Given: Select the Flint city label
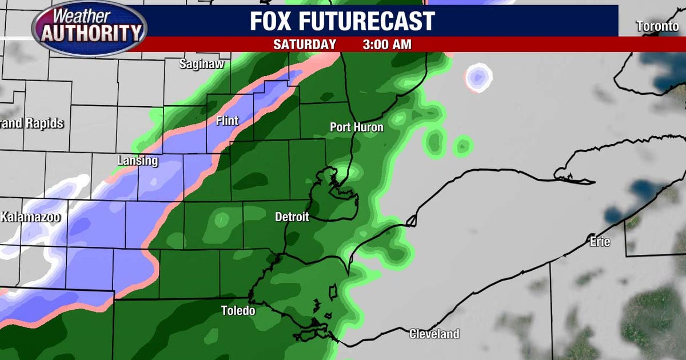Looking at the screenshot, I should [227, 121].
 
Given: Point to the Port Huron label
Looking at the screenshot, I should [357, 127].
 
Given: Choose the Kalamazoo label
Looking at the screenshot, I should [30, 217].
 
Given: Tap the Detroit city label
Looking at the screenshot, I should [292, 217].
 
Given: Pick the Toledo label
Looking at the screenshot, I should [238, 311].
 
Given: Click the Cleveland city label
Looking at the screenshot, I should [434, 334].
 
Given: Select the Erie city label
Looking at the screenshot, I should [600, 242].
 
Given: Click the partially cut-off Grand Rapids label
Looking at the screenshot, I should [31, 123].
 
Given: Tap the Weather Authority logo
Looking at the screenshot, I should [89, 27].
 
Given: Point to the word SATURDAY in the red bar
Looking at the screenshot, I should [304, 44].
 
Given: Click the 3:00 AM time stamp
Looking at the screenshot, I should [386, 44].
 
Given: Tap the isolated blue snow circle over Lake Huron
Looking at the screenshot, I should [478, 78].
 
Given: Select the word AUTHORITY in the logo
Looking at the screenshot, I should [91, 34].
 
